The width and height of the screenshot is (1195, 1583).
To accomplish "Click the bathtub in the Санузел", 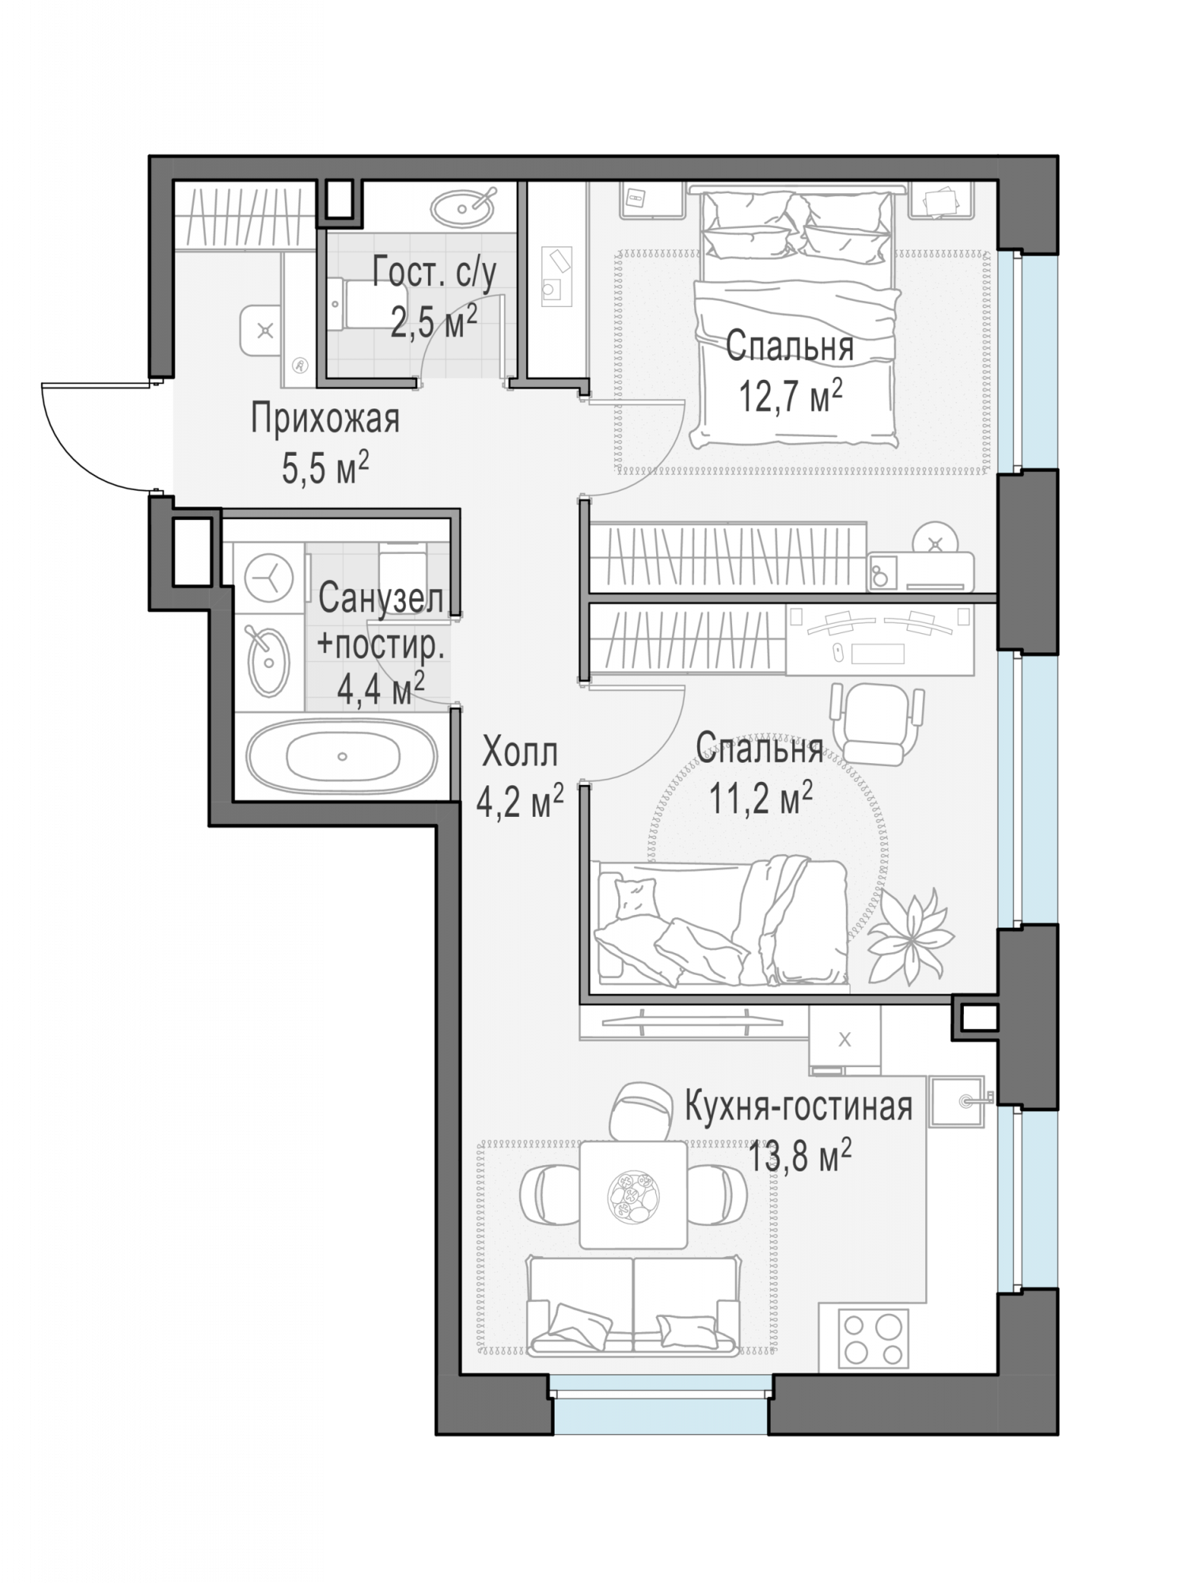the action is tap(341, 756).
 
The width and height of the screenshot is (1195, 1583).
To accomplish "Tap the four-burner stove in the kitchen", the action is tap(874, 1338).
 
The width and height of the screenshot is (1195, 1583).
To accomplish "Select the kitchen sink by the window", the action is tap(958, 1099).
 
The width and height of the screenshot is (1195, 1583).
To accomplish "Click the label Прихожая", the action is tap(325, 419).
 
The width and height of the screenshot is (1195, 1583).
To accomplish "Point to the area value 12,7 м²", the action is tap(789, 396).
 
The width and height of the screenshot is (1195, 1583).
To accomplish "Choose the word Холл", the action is tap(520, 753).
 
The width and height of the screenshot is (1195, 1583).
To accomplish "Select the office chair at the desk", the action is tap(877, 723).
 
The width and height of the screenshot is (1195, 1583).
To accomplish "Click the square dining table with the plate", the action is tap(633, 1195).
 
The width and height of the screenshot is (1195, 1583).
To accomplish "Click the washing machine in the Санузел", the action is tap(269, 580).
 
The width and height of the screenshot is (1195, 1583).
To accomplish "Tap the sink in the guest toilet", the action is tap(464, 208).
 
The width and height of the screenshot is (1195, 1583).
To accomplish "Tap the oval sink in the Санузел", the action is tap(269, 662).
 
